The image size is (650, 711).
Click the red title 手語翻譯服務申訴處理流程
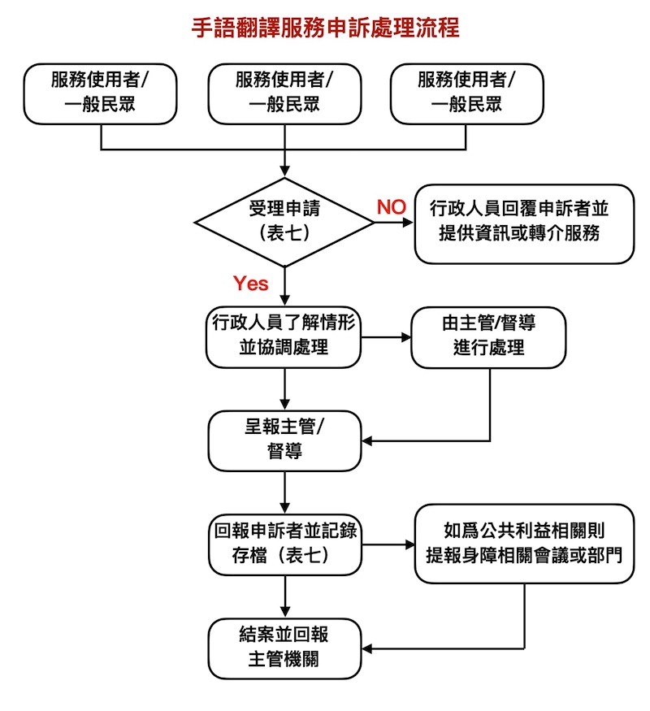click(x=325, y=28)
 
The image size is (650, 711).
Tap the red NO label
click(x=391, y=207)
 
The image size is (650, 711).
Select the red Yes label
click(x=250, y=284)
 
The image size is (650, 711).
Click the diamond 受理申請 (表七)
click(x=284, y=221)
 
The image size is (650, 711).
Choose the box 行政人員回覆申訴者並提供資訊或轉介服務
click(x=523, y=222)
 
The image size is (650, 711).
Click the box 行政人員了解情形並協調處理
click(x=284, y=336)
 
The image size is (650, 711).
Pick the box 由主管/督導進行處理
click(x=488, y=336)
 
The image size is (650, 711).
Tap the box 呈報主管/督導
click(x=284, y=440)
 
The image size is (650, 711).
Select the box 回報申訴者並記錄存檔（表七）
click(x=284, y=544)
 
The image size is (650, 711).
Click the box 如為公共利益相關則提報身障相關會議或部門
click(x=524, y=544)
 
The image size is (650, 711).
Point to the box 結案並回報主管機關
click(x=284, y=648)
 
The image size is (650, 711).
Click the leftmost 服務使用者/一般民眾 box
click(x=101, y=93)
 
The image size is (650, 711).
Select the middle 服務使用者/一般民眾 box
click(x=284, y=93)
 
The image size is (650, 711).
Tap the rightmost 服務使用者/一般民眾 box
click(x=466, y=93)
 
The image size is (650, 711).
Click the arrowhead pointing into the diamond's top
click(x=284, y=171)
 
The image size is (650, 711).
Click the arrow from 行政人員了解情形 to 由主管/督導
click(x=387, y=336)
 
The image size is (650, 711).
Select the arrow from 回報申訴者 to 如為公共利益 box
click(x=388, y=544)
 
